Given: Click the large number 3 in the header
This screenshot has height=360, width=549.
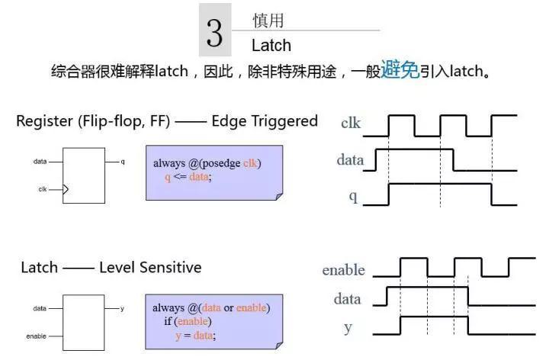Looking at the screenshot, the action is point(214,33).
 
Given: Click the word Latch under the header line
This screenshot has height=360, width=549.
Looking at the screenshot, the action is point(271,46).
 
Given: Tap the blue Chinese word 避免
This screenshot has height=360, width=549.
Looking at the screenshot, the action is point(400,69).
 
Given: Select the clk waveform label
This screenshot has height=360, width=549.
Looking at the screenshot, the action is point(351,123).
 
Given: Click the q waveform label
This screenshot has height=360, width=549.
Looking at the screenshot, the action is point(353,197).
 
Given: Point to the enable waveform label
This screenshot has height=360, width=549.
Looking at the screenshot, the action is point(343,270).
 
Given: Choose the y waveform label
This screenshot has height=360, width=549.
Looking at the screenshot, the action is point(348,328).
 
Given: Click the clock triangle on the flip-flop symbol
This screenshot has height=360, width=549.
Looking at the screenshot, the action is point(66,189).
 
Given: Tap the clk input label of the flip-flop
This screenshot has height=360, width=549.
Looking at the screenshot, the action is point(43,189).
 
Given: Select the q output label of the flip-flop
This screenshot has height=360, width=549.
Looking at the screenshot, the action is point(123,162).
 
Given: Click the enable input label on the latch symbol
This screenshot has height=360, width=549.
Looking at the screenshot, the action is point(36,336).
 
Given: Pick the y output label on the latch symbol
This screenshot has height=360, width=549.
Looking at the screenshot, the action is point(122,309).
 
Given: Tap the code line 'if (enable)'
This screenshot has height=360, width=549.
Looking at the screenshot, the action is point(188,321).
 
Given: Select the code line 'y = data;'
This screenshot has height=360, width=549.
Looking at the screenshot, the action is point(195,336).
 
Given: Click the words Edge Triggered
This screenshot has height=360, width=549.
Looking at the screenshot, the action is point(265,121).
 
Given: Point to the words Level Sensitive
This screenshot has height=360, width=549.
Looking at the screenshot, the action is point(150,267).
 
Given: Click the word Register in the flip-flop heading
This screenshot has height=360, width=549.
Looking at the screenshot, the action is point(45,121).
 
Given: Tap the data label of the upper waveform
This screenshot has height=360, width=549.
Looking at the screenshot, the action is point(350,160).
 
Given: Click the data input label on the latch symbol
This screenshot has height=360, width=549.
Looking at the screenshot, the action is point(40,309).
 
